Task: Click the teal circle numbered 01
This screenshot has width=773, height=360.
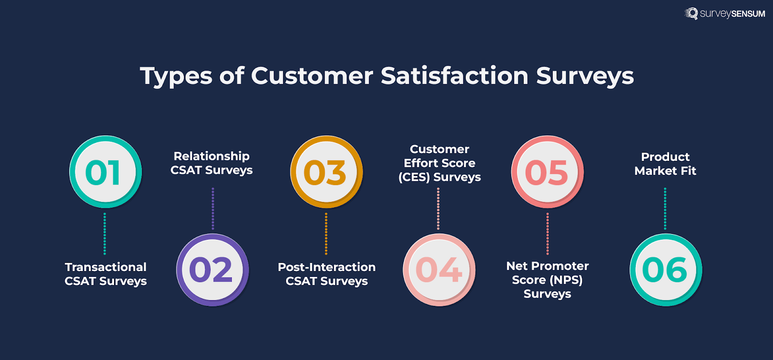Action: [x=105, y=172]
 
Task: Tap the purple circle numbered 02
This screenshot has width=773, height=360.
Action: [x=212, y=270]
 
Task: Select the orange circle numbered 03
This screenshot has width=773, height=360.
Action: [x=326, y=172]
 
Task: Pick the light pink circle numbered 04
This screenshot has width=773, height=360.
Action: [x=439, y=270]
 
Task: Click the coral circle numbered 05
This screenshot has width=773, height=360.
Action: [x=547, y=172]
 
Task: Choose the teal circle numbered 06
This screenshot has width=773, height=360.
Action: [x=665, y=270]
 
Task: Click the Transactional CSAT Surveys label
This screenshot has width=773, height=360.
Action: [x=106, y=274]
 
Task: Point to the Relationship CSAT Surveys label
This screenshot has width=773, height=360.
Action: [x=212, y=163]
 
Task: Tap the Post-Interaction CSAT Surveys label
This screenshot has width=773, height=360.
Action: [x=327, y=274]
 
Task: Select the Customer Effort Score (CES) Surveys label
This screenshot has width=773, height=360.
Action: [x=439, y=163]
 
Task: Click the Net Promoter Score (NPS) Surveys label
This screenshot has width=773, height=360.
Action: [x=547, y=280]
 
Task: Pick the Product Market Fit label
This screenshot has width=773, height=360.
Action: [x=665, y=164]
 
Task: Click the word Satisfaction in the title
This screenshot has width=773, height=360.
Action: [x=454, y=76]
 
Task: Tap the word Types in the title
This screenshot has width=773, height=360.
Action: [x=176, y=76]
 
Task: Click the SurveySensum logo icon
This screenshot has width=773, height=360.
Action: [x=691, y=14]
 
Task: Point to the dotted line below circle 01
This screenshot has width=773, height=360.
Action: [x=105, y=233]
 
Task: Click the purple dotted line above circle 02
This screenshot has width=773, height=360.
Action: [x=213, y=209]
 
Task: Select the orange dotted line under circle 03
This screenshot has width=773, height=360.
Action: [x=326, y=233]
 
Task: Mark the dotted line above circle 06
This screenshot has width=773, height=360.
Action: [x=665, y=209]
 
